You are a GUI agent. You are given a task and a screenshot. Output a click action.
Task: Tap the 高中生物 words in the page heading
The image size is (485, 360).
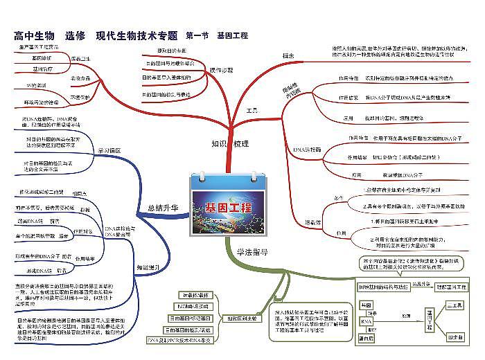34,35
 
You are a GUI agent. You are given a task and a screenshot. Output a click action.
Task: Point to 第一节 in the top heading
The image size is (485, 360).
197,35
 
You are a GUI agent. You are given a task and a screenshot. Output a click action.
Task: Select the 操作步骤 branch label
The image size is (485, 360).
221,70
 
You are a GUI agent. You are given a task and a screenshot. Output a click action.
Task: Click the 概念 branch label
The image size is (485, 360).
288,55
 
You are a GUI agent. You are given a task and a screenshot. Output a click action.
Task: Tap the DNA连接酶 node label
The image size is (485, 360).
305,148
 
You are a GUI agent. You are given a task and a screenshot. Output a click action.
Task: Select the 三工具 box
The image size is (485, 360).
455,305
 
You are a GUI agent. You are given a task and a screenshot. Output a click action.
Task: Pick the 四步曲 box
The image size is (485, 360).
455,337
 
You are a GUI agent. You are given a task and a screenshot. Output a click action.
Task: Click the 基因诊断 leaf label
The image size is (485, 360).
42,57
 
